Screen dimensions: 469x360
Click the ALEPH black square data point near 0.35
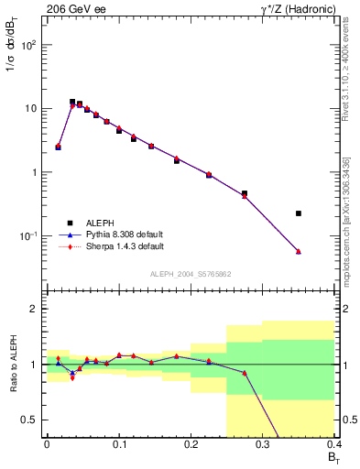coord(299,213)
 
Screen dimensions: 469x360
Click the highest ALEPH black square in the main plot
coord(72,102)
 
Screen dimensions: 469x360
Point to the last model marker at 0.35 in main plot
coord(299,252)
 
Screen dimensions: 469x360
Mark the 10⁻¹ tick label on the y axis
coord(27,236)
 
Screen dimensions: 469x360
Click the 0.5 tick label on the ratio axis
coord(29,420)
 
